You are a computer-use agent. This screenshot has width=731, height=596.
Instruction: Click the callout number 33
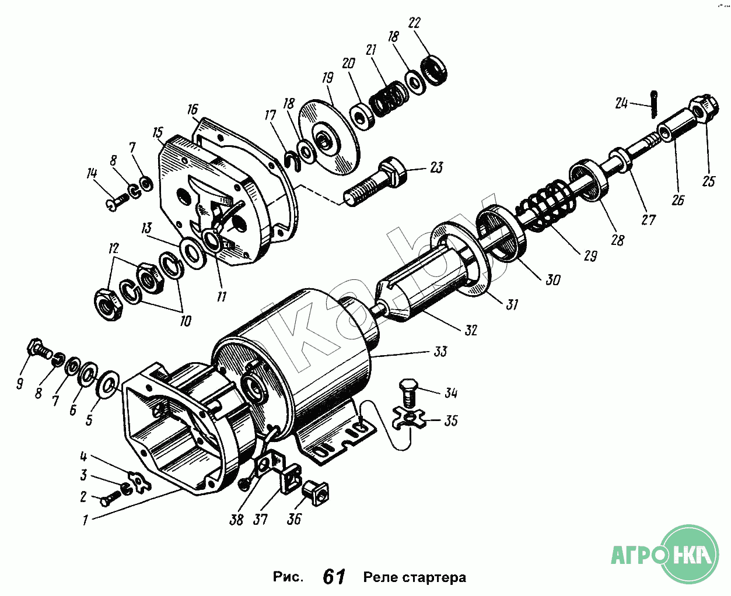pos(440,351)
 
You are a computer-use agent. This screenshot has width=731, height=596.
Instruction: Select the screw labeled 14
pos(119,202)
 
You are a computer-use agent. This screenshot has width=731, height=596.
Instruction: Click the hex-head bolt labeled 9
pos(39,349)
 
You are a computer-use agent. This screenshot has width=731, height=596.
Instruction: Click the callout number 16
pos(193,109)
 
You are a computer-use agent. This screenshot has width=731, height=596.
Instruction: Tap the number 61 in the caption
pos(334,577)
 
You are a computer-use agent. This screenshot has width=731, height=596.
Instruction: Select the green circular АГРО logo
pos(692,553)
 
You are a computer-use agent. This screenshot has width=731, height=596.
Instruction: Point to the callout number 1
pos(85,520)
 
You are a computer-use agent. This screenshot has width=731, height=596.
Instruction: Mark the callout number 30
pos(552,280)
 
